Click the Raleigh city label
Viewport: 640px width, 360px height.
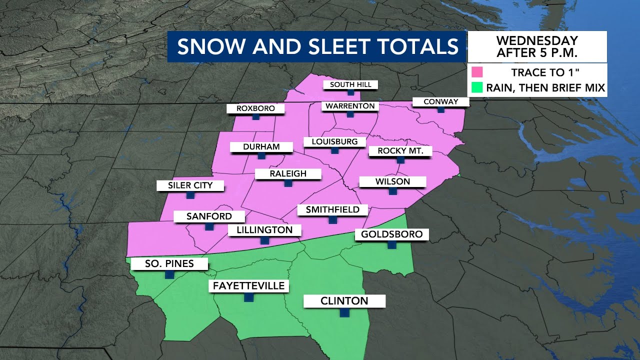287,174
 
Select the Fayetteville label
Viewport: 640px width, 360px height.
248,286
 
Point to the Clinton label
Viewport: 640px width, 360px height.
344,301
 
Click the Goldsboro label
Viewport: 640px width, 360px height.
391,234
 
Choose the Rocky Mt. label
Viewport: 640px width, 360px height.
400,151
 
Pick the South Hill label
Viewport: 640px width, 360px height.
350,84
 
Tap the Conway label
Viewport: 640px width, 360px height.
440,101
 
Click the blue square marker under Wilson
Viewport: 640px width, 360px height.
392,191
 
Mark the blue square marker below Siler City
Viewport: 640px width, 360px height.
190,195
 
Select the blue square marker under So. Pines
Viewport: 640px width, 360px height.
169,274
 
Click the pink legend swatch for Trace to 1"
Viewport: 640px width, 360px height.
477,72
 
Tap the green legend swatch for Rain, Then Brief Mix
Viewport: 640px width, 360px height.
477,88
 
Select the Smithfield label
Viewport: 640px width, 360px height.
332,209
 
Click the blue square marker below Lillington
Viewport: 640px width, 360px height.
264,240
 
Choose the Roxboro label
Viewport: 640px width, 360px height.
255,108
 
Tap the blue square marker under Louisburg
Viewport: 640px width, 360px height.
334,150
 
